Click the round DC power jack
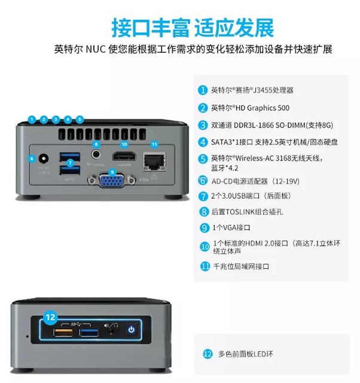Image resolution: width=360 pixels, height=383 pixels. click(44, 159)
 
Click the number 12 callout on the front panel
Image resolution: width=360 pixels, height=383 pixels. click(51, 316)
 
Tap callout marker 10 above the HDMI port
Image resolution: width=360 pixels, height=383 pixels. click(124, 144)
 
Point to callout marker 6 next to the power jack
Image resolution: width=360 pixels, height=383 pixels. click(32, 158)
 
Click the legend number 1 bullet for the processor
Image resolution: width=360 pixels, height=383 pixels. click(203, 90)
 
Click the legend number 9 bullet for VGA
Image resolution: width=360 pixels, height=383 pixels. click(203, 227)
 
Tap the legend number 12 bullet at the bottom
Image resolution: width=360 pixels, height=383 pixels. click(208, 354)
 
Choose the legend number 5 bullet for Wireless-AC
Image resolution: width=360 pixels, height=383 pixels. click(203, 159)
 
